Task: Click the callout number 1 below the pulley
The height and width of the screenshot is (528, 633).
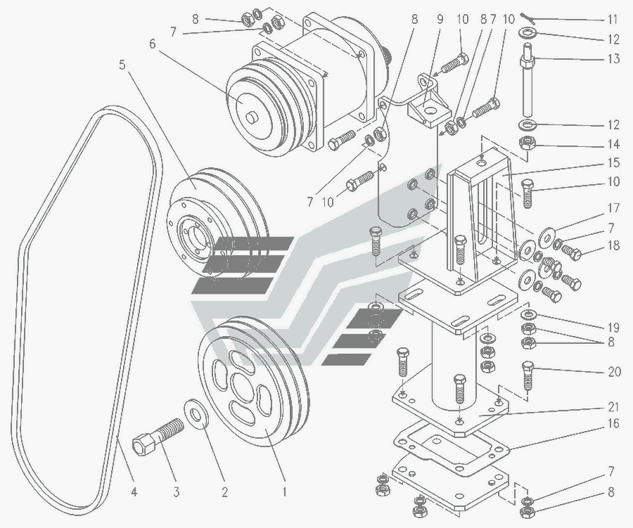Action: [x=284, y=492]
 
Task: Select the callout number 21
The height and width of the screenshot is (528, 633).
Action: [x=614, y=407]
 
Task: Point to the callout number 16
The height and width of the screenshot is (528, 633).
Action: [x=614, y=424]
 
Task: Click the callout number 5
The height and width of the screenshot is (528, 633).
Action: [x=122, y=65]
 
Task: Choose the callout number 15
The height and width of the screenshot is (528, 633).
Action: [x=614, y=163]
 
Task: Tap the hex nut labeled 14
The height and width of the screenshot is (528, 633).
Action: [x=529, y=145]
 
